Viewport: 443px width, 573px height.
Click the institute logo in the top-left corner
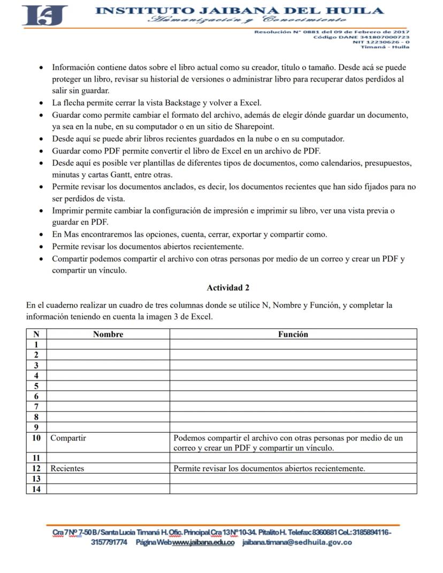click(44, 16)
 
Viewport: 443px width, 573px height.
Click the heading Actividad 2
click(228, 288)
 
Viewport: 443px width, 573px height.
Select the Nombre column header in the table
click(108, 334)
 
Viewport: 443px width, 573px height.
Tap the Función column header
click(293, 334)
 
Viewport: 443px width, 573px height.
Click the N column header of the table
click(36, 334)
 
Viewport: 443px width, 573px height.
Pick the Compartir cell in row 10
click(68, 438)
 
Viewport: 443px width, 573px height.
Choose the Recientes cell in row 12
click(67, 469)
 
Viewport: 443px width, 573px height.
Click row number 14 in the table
click(36, 489)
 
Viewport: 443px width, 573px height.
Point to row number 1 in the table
click(36, 345)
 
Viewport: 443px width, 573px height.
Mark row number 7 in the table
click(36, 407)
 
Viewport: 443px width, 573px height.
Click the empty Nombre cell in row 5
click(108, 386)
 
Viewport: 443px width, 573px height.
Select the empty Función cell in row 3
click(293, 365)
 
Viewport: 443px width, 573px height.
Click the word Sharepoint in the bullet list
click(253, 127)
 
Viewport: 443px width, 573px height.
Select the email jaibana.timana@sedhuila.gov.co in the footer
click(297, 543)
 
